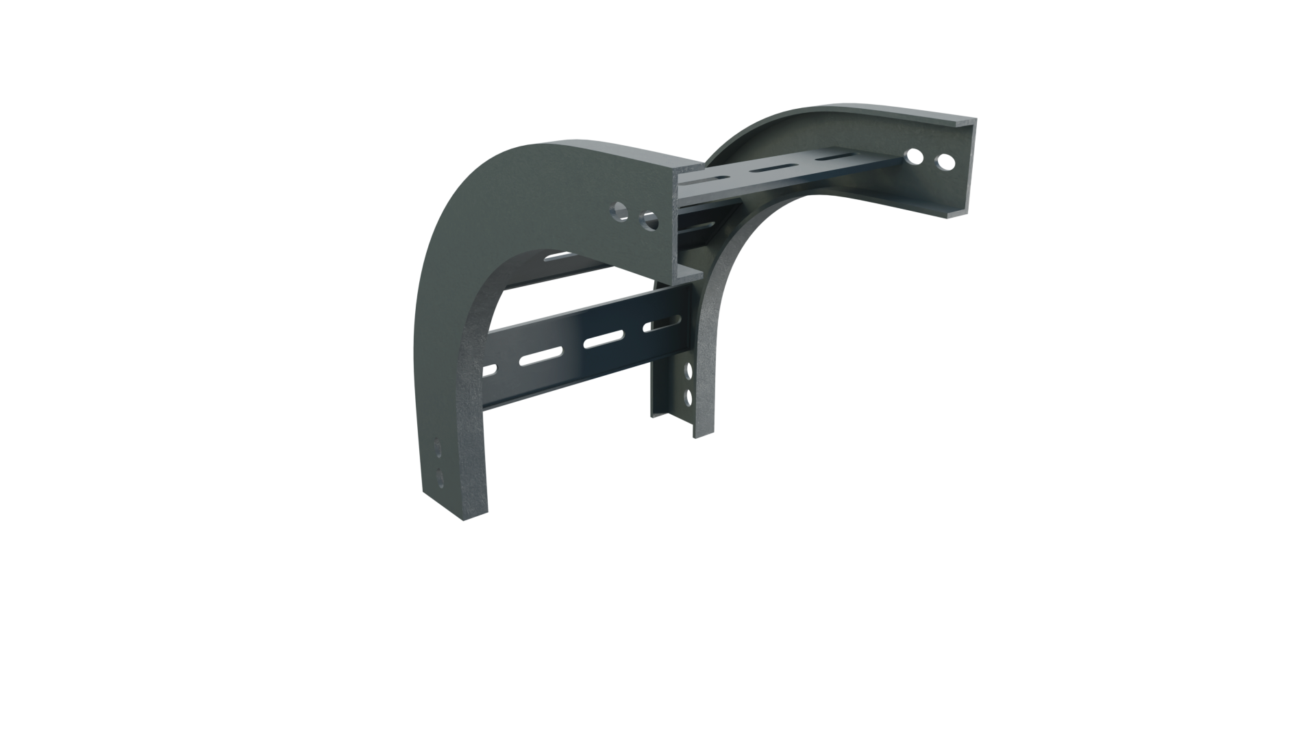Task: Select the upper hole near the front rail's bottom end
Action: pos(438,449)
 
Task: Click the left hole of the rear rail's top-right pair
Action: pos(912,157)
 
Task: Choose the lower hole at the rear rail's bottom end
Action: pos(688,396)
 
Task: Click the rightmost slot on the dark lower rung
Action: pos(663,322)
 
